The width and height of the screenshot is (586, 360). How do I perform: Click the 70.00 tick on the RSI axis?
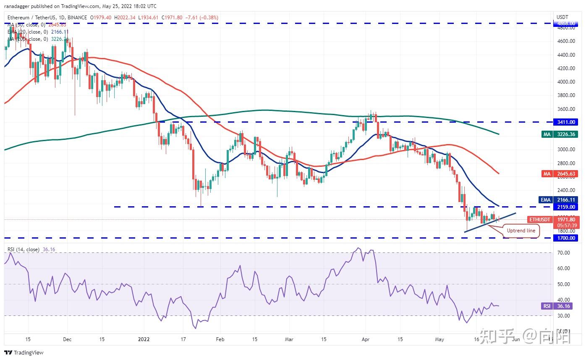coord(564,253)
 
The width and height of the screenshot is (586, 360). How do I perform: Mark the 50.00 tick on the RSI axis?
coord(564,284)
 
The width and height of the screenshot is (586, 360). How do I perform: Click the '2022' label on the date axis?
coord(144,339)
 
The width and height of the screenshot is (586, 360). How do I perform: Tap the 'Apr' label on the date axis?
coord(365,339)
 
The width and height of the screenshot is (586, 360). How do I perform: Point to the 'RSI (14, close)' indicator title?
coord(24,250)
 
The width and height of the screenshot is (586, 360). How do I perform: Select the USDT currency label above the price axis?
coord(562,17)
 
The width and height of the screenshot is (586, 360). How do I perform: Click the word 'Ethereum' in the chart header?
coord(18,18)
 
